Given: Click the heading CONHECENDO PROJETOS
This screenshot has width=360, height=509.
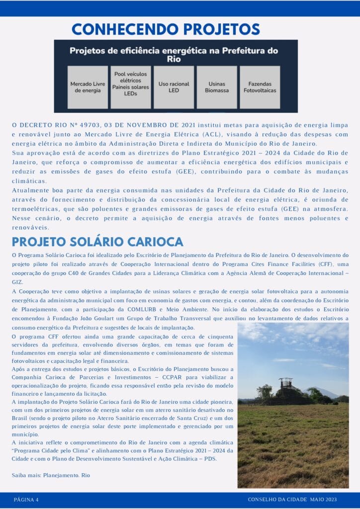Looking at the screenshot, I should (166, 29).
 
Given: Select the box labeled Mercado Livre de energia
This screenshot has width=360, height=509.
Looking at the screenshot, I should (88, 87).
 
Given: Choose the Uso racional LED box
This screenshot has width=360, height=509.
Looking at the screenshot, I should (174, 87).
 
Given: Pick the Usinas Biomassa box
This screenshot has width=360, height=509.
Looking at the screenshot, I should (217, 87).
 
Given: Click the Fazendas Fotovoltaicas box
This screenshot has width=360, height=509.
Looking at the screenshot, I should (260, 87).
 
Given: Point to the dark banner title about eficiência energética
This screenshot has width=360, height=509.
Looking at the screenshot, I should (174, 54).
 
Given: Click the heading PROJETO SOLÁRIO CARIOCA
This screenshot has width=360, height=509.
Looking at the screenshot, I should (98, 242).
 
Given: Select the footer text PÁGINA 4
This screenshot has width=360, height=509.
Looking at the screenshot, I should (26, 500).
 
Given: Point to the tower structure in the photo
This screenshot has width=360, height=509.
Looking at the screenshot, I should (286, 384).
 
